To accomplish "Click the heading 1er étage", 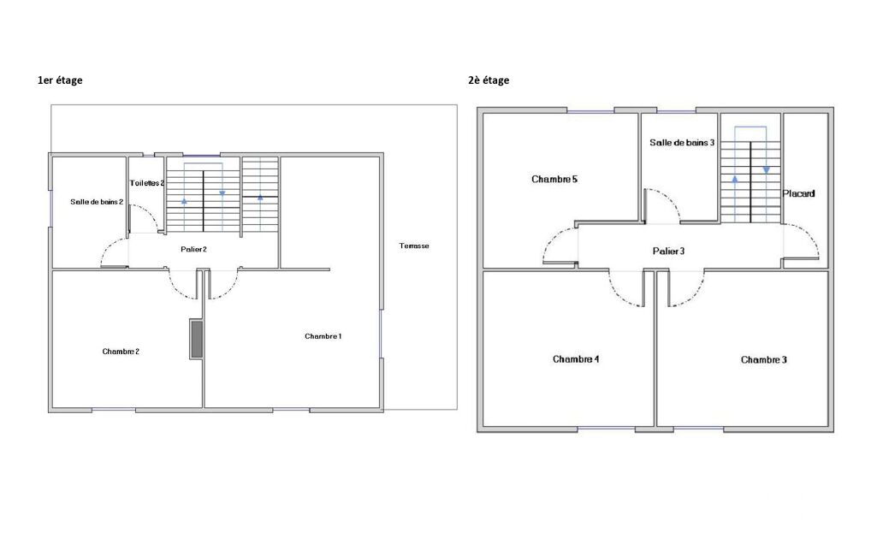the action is click(x=60, y=80).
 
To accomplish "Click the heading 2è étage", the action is click(x=489, y=80).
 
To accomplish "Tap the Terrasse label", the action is click(x=414, y=245).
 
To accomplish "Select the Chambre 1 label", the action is click(x=323, y=336).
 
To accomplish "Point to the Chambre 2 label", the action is click(x=121, y=352).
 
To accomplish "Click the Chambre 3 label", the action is click(x=763, y=359).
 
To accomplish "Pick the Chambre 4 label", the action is click(x=576, y=359).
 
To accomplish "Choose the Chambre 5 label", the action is click(x=554, y=179).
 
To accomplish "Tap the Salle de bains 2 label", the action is click(x=97, y=202).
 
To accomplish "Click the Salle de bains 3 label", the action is click(x=682, y=143).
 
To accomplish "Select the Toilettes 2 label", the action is click(x=147, y=183).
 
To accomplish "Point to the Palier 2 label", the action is click(x=193, y=249).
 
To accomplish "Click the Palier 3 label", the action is click(x=668, y=251).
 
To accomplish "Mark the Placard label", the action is click(x=798, y=193).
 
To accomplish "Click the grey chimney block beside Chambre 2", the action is click(x=196, y=339).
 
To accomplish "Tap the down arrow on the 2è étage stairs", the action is click(x=767, y=169).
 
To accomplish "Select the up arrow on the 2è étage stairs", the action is click(x=734, y=179).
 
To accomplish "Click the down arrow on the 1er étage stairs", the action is click(x=222, y=193).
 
